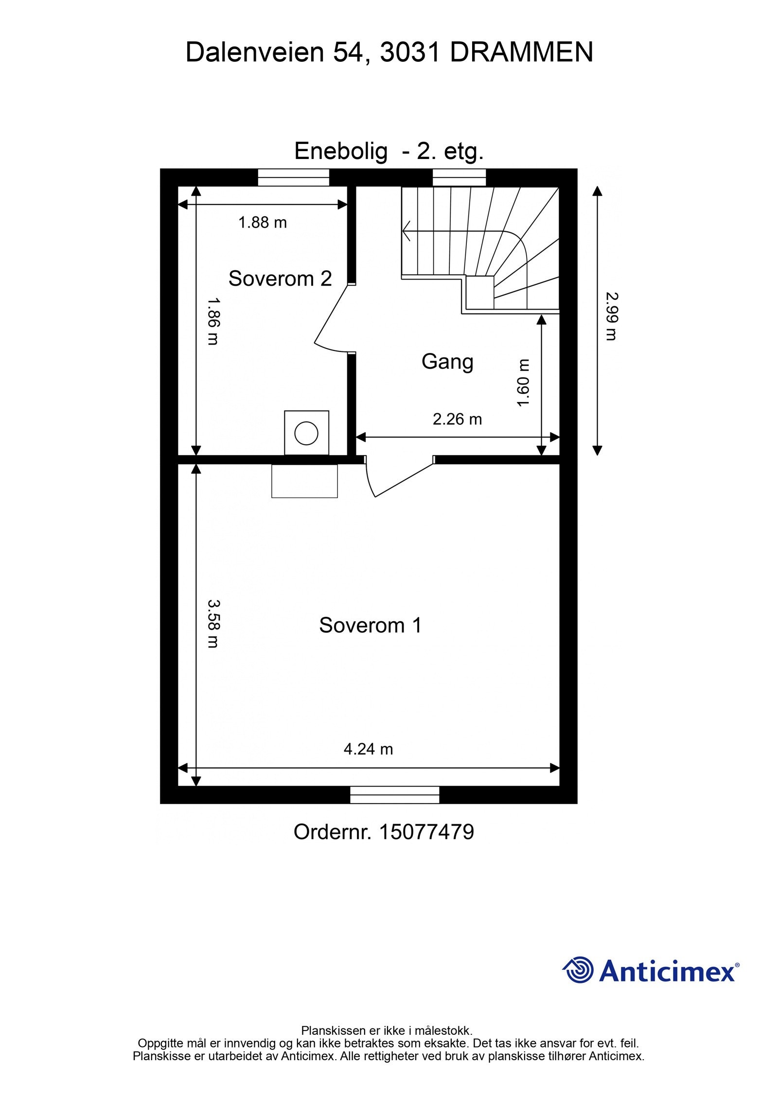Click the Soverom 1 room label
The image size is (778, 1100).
370,625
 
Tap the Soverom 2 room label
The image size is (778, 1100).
280,279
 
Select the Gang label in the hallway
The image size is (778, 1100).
447,362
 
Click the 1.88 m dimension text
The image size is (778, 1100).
263,223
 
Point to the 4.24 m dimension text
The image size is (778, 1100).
368,749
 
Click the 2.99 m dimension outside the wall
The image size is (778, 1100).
611,316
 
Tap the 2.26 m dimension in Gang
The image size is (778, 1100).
457,419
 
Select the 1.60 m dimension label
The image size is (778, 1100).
523,383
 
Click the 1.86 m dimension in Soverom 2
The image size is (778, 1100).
213,321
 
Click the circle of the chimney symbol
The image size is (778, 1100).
306,433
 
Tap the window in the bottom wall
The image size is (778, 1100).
394,795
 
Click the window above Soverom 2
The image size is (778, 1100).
293,177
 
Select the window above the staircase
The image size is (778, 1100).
459,177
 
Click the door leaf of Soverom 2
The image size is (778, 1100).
332,314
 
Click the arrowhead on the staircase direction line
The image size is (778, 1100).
406,231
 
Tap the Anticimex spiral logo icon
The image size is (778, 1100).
578,970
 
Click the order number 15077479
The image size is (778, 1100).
426,832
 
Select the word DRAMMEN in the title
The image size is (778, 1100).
521,52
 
